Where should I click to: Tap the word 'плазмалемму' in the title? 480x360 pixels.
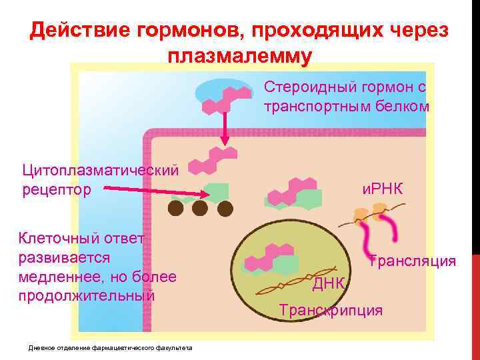click(239, 57)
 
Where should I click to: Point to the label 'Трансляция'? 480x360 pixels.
click(412, 260)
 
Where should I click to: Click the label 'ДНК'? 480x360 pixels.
click(329, 284)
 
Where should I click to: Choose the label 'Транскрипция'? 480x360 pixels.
click(331, 310)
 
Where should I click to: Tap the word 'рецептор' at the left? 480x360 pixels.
click(57, 190)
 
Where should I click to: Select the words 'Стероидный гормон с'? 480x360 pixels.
click(345, 87)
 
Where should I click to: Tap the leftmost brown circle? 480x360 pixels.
click(175, 208)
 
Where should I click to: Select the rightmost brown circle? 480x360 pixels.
click(225, 209)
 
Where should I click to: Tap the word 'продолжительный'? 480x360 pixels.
click(87, 295)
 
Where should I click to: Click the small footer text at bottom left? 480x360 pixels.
click(110, 347)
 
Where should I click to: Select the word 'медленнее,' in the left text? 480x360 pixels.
click(59, 276)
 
